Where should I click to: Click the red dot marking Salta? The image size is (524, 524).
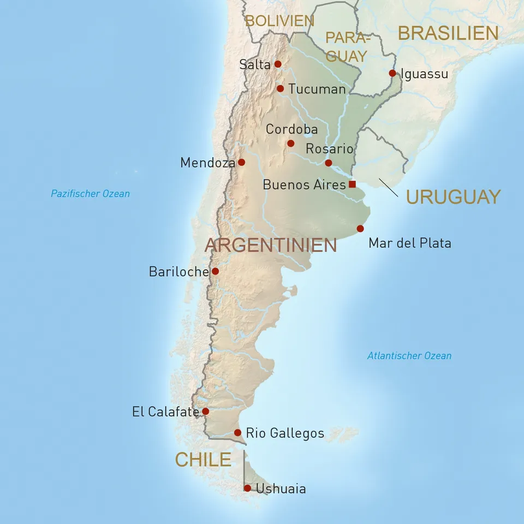point(277,64)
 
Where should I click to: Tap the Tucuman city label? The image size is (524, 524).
point(317,89)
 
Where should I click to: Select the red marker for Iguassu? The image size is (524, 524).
point(392,73)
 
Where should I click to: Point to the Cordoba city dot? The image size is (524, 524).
point(290,144)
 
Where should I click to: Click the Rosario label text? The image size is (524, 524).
point(329,148)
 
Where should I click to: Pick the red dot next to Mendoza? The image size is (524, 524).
point(241,162)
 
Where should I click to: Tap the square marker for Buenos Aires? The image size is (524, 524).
point(352,184)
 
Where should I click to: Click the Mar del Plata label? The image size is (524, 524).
point(409,243)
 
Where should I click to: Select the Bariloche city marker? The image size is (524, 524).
point(215,271)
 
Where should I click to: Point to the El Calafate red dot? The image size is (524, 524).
point(205,412)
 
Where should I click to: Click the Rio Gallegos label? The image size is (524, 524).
point(285,433)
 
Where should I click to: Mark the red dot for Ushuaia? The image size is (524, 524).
point(247,488)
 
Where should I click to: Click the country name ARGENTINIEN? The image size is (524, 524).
point(271,245)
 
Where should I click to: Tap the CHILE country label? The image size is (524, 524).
point(203,460)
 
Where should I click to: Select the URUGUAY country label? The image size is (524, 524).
point(453,197)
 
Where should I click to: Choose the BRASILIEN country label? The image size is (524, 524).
point(448,33)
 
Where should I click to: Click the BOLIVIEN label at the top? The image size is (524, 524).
point(279,21)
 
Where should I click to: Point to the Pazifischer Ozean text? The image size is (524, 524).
point(90,194)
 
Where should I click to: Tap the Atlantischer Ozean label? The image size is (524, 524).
point(409,356)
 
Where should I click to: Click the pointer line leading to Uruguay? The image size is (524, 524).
point(389,187)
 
